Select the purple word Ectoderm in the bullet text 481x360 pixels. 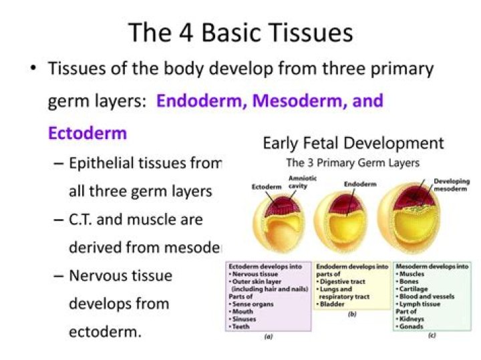[x=88, y=132]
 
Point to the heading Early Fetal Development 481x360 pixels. [x=353, y=143]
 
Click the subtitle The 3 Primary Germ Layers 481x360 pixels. [x=353, y=162]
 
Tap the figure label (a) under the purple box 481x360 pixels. [x=268, y=337]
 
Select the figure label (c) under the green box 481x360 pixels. [x=432, y=335]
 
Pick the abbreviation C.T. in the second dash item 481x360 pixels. [x=84, y=218]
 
